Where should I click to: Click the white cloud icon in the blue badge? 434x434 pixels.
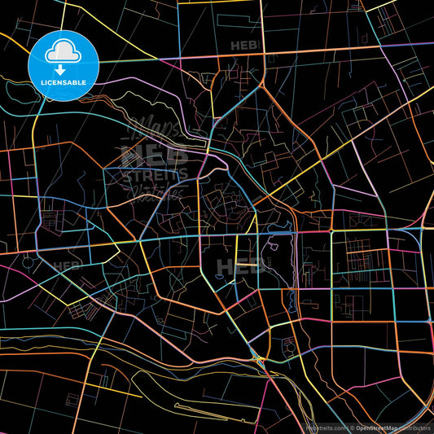tap(64, 53)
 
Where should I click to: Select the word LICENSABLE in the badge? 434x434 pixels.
tap(64, 82)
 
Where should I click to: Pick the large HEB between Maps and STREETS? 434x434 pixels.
tap(155, 153)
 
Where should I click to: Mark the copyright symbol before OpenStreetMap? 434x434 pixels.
tap(352, 427)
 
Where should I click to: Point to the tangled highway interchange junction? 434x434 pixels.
tap(259, 358)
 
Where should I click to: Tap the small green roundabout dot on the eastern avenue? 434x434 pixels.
tap(331, 231)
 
